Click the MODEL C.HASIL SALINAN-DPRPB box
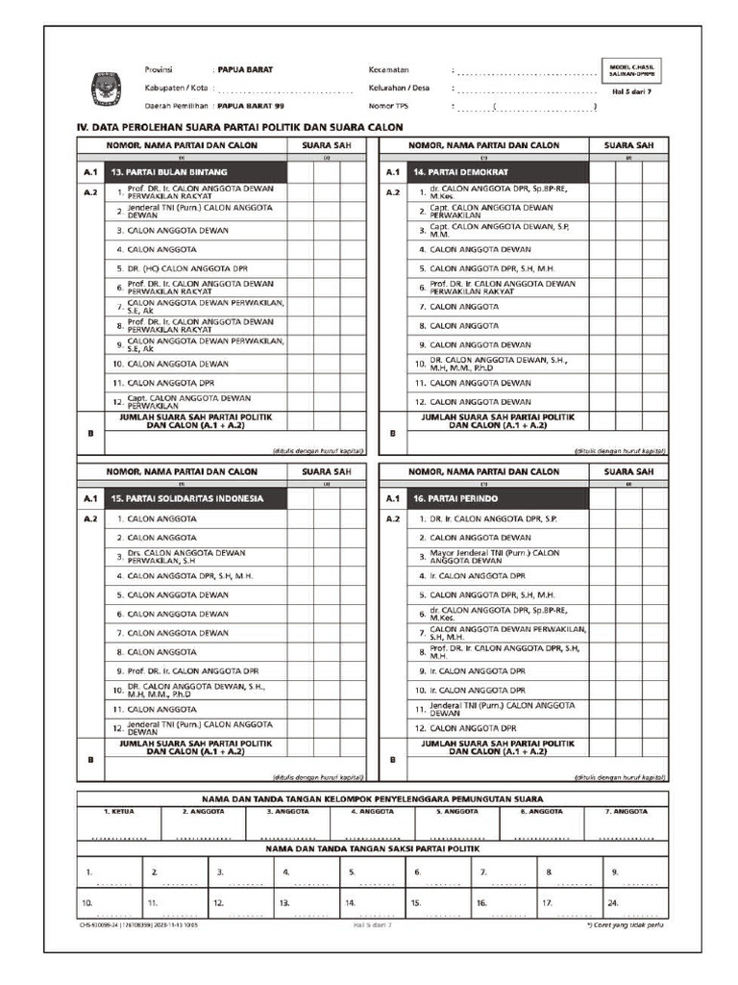point(632,70)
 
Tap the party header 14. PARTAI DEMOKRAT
point(498,172)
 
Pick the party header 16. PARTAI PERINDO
point(498,499)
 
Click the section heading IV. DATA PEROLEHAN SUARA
point(239,127)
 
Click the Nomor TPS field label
point(389,106)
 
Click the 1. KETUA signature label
point(119,812)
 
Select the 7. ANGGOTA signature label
point(628,812)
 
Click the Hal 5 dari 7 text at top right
point(632,91)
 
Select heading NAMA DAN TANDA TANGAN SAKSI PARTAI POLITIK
point(372,848)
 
